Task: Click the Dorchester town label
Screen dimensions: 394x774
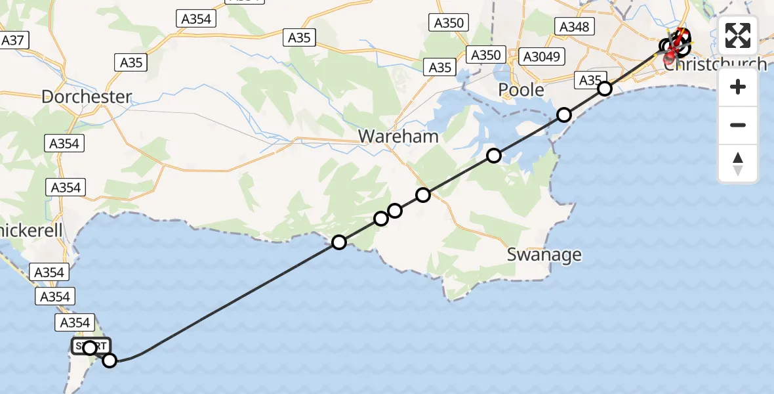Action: click(87, 97)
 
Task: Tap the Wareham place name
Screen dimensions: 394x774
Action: click(398, 136)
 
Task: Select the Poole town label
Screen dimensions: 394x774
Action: click(521, 89)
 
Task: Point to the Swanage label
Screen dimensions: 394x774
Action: click(544, 254)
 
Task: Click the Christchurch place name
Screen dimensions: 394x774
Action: click(715, 64)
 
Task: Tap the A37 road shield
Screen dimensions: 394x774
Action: click(12, 41)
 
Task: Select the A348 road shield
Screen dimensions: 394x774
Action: click(575, 26)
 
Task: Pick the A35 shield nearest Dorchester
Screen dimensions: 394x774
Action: click(131, 63)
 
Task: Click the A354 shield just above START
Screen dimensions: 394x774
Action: click(75, 322)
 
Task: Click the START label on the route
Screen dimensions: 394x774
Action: click(91, 346)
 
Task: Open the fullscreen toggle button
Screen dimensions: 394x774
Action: click(738, 35)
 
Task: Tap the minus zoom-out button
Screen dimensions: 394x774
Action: click(738, 125)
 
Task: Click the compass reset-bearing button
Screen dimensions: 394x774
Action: click(738, 163)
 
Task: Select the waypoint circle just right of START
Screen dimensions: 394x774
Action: click(110, 360)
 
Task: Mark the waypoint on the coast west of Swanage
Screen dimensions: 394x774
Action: click(338, 242)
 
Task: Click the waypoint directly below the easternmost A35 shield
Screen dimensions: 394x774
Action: click(605, 89)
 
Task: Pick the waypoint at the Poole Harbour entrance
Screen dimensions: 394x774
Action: click(564, 115)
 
